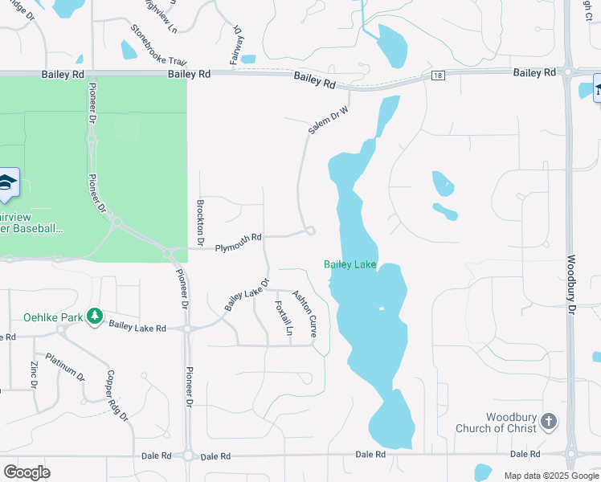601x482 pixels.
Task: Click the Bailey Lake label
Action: point(350,264)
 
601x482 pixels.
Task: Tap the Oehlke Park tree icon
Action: point(95,316)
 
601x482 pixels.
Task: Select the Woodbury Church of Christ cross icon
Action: point(548,421)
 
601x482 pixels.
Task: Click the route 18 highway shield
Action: point(436,75)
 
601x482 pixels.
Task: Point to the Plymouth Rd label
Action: point(238,238)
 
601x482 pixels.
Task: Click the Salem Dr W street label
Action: point(329,120)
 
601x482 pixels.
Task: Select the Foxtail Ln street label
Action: point(283,318)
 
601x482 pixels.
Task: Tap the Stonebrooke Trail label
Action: point(159,45)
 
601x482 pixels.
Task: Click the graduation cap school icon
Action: point(8,182)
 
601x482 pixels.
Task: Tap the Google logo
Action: point(27,472)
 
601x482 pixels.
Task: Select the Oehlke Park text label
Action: point(54,317)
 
